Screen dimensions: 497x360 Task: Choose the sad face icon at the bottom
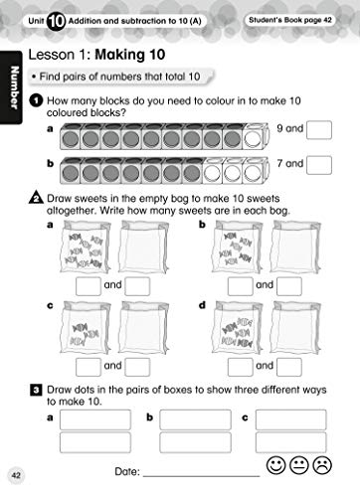(323, 464)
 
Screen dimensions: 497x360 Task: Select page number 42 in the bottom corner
(14, 475)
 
